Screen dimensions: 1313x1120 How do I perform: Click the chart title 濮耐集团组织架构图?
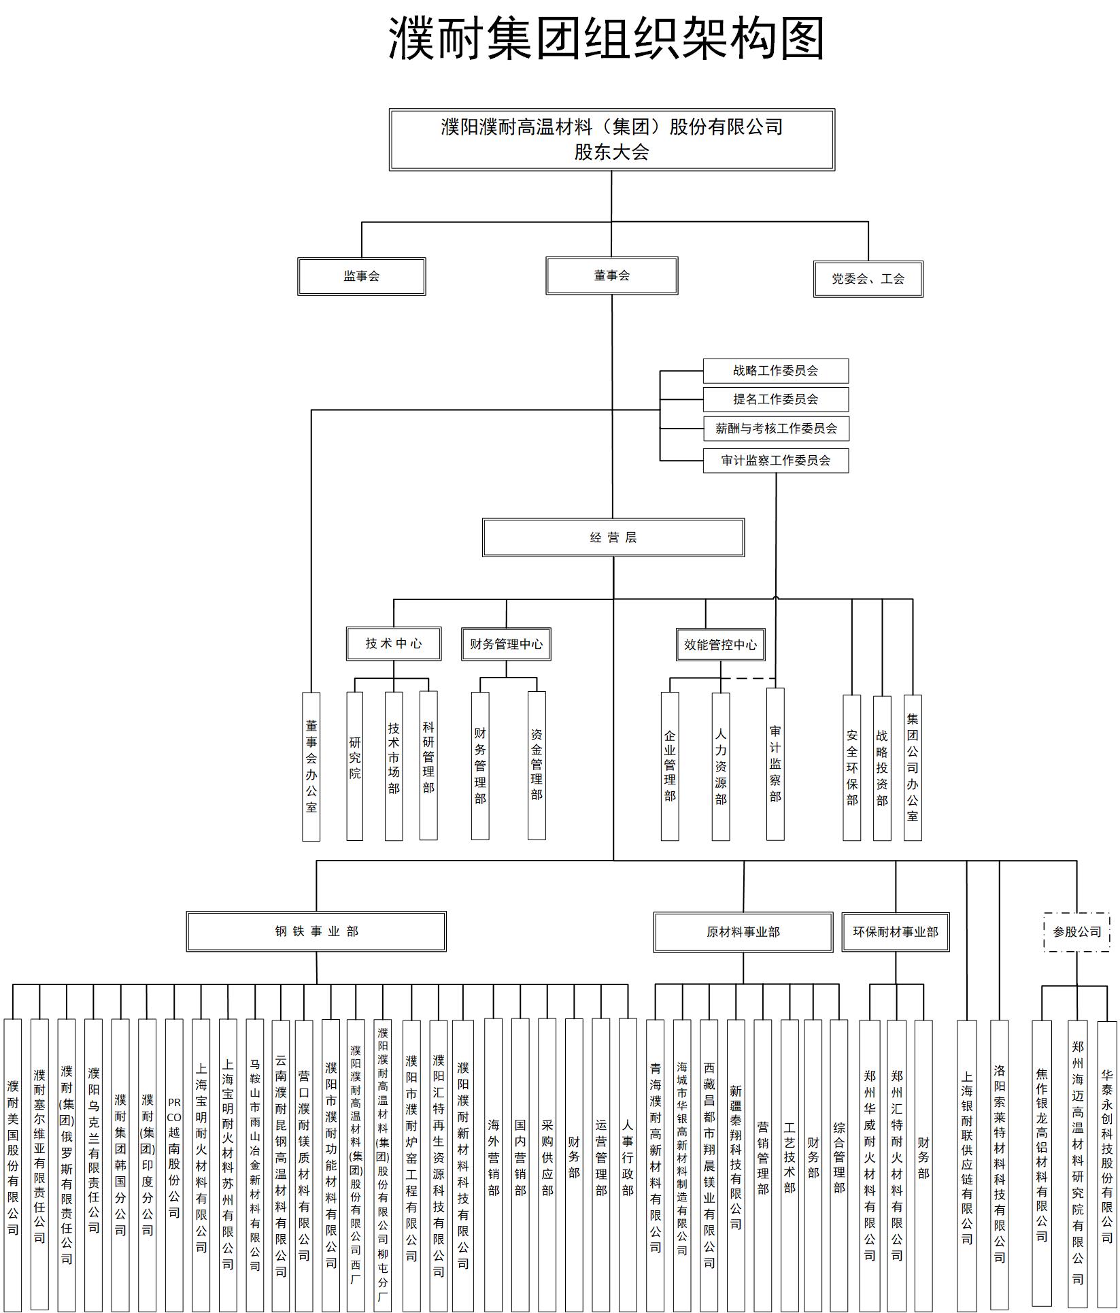coord(607,38)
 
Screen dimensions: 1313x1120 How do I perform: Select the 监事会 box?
coord(361,276)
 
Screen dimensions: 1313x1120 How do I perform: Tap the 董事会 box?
coord(611,276)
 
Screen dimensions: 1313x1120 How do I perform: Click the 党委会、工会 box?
coord(868,279)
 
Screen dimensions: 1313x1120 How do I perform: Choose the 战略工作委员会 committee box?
coord(775,371)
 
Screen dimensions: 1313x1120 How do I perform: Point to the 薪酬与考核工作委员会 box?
coord(775,429)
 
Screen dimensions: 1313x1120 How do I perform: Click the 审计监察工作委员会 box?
coord(775,461)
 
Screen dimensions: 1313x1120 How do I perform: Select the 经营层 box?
coord(613,537)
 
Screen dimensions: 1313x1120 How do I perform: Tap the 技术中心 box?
coord(394,644)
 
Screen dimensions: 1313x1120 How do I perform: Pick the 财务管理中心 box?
coord(506,644)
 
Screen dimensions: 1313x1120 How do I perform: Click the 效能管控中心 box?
coord(720,645)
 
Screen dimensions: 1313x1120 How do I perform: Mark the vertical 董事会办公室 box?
coord(311,767)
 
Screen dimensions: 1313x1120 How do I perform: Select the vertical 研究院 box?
coord(354,767)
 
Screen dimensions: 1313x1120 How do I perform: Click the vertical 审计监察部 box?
coord(775,764)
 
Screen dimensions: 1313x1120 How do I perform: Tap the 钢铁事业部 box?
coord(316,931)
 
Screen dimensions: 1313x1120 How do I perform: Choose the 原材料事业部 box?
coord(743,932)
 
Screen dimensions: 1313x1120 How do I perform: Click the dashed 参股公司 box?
coord(1076,932)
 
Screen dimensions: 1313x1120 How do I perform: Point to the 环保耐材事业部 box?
coord(895,932)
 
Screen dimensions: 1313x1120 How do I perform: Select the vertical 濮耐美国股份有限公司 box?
coord(13,1163)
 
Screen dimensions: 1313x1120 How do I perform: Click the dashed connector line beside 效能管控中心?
coord(748,678)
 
